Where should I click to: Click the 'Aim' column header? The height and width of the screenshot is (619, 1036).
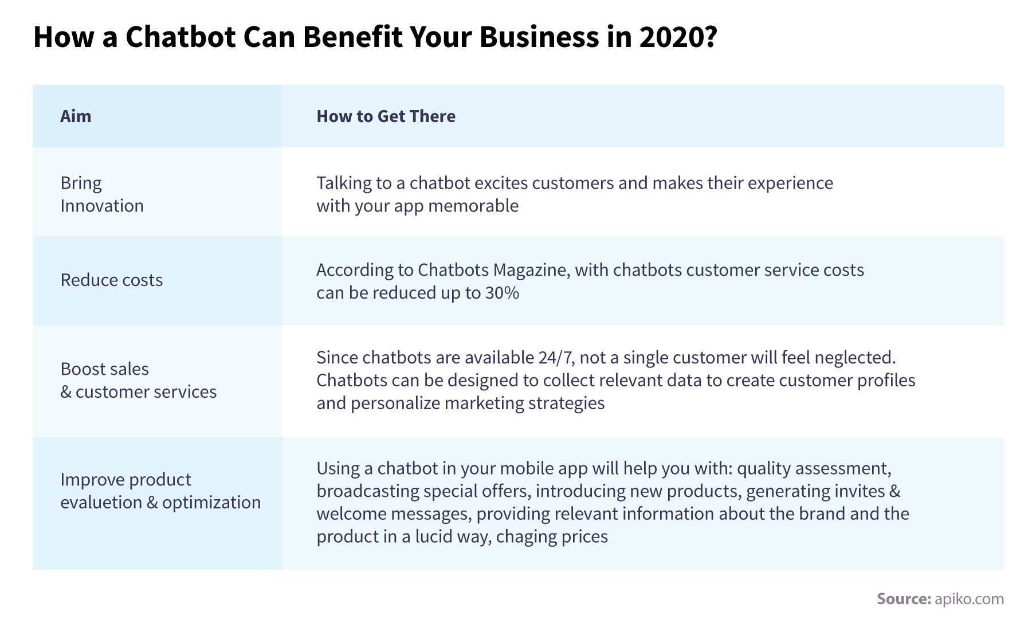point(76,116)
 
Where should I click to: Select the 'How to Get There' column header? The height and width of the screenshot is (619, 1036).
point(386,116)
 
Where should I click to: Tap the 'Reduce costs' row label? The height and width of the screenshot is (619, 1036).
point(112,280)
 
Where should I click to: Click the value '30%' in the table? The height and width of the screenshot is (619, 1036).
point(502,293)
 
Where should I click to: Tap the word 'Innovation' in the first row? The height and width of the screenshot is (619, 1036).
point(102,206)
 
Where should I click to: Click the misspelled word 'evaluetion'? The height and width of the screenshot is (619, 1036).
point(101,503)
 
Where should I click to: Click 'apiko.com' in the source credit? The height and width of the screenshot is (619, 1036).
point(969,599)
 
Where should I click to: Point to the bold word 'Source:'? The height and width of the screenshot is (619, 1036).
point(904,599)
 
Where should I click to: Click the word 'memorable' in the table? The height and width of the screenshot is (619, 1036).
point(473,206)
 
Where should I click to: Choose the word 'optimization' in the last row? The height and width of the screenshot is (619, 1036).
point(211,503)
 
